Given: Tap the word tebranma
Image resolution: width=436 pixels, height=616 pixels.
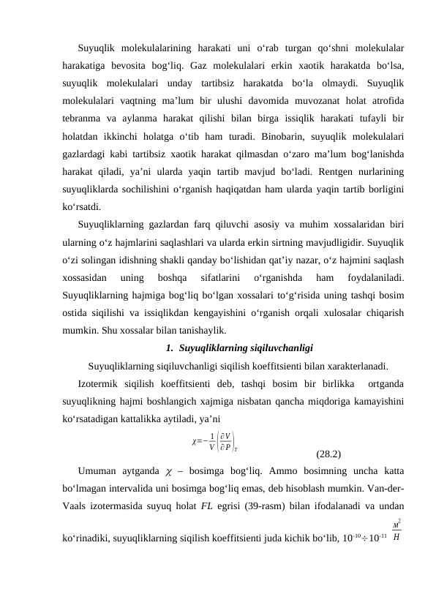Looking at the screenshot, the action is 83,118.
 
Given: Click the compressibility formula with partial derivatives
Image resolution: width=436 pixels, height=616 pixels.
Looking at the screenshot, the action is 217,443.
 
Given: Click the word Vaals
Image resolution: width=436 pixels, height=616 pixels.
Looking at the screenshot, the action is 78,504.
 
